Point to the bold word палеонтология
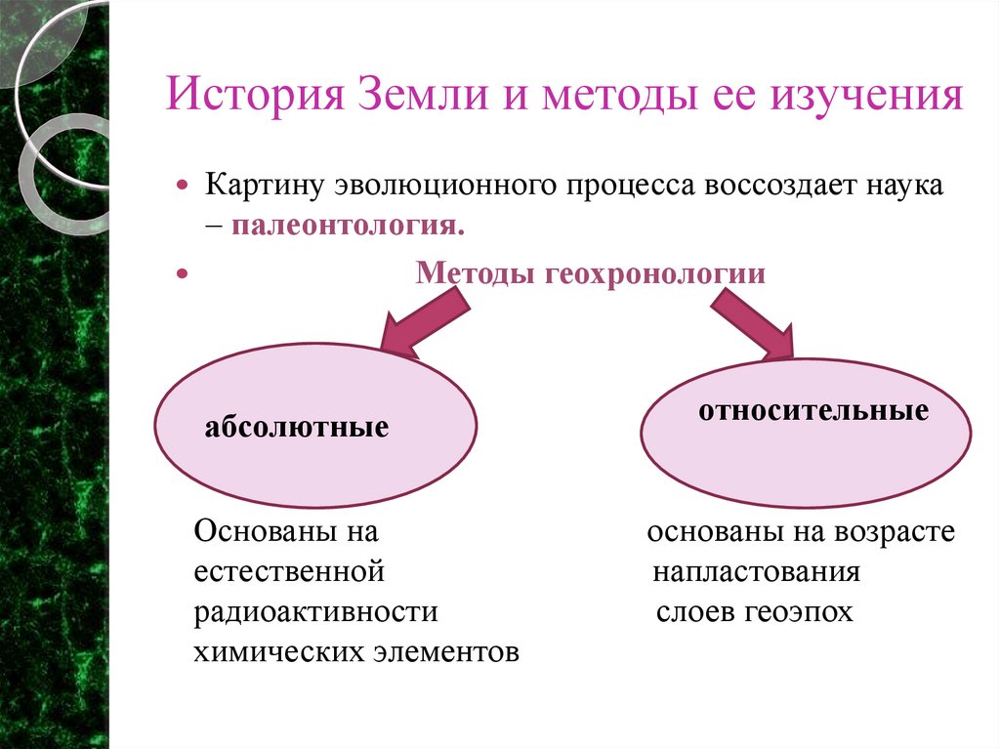pos(349,228)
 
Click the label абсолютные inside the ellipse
pos(297,427)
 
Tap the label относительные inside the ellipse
pos(812,411)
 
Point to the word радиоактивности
pos(315,612)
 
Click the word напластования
pos(757,571)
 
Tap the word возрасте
pos(895,532)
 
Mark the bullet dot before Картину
pos(181,186)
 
